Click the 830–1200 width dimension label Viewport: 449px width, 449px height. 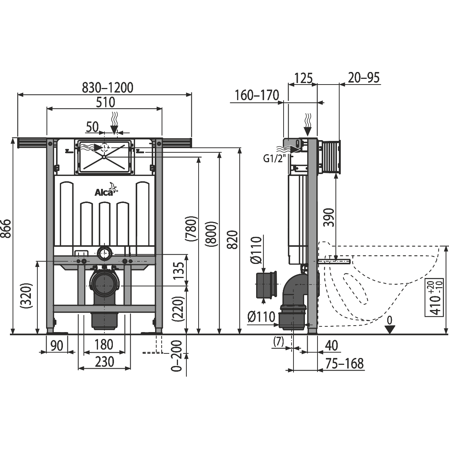click(107, 88)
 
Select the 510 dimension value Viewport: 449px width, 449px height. click(105, 102)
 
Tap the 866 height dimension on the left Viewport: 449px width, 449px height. click(6, 228)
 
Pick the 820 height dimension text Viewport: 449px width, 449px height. click(234, 240)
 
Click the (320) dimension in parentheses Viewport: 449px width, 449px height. click(26, 296)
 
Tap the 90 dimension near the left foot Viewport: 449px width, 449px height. click(57, 346)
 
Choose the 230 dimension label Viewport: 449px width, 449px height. click(104, 362)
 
